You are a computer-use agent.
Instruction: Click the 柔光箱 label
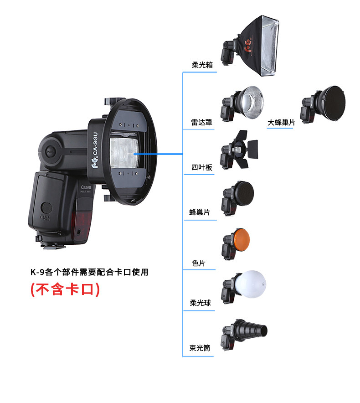[x=202, y=65]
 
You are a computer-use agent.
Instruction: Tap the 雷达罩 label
[x=201, y=122]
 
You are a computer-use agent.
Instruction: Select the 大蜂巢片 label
[x=281, y=122]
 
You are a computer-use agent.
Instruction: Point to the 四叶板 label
[x=201, y=167]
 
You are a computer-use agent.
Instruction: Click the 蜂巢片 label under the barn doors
[x=200, y=212]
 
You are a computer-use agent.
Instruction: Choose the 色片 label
[x=198, y=263]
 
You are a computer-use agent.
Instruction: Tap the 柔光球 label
[x=200, y=303]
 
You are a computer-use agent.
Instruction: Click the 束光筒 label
[x=200, y=348]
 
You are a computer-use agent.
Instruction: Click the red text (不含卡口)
[x=65, y=289]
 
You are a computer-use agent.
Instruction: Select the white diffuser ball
[x=251, y=284]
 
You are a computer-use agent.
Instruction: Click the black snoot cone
[x=252, y=331]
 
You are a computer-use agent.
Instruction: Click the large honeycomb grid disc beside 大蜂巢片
[x=334, y=103]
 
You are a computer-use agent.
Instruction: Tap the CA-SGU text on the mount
[x=95, y=144]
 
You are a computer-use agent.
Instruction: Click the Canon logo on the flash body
[x=86, y=187]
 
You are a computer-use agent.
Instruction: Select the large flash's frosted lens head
[x=124, y=153]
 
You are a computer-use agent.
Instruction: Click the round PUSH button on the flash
[x=50, y=152]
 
